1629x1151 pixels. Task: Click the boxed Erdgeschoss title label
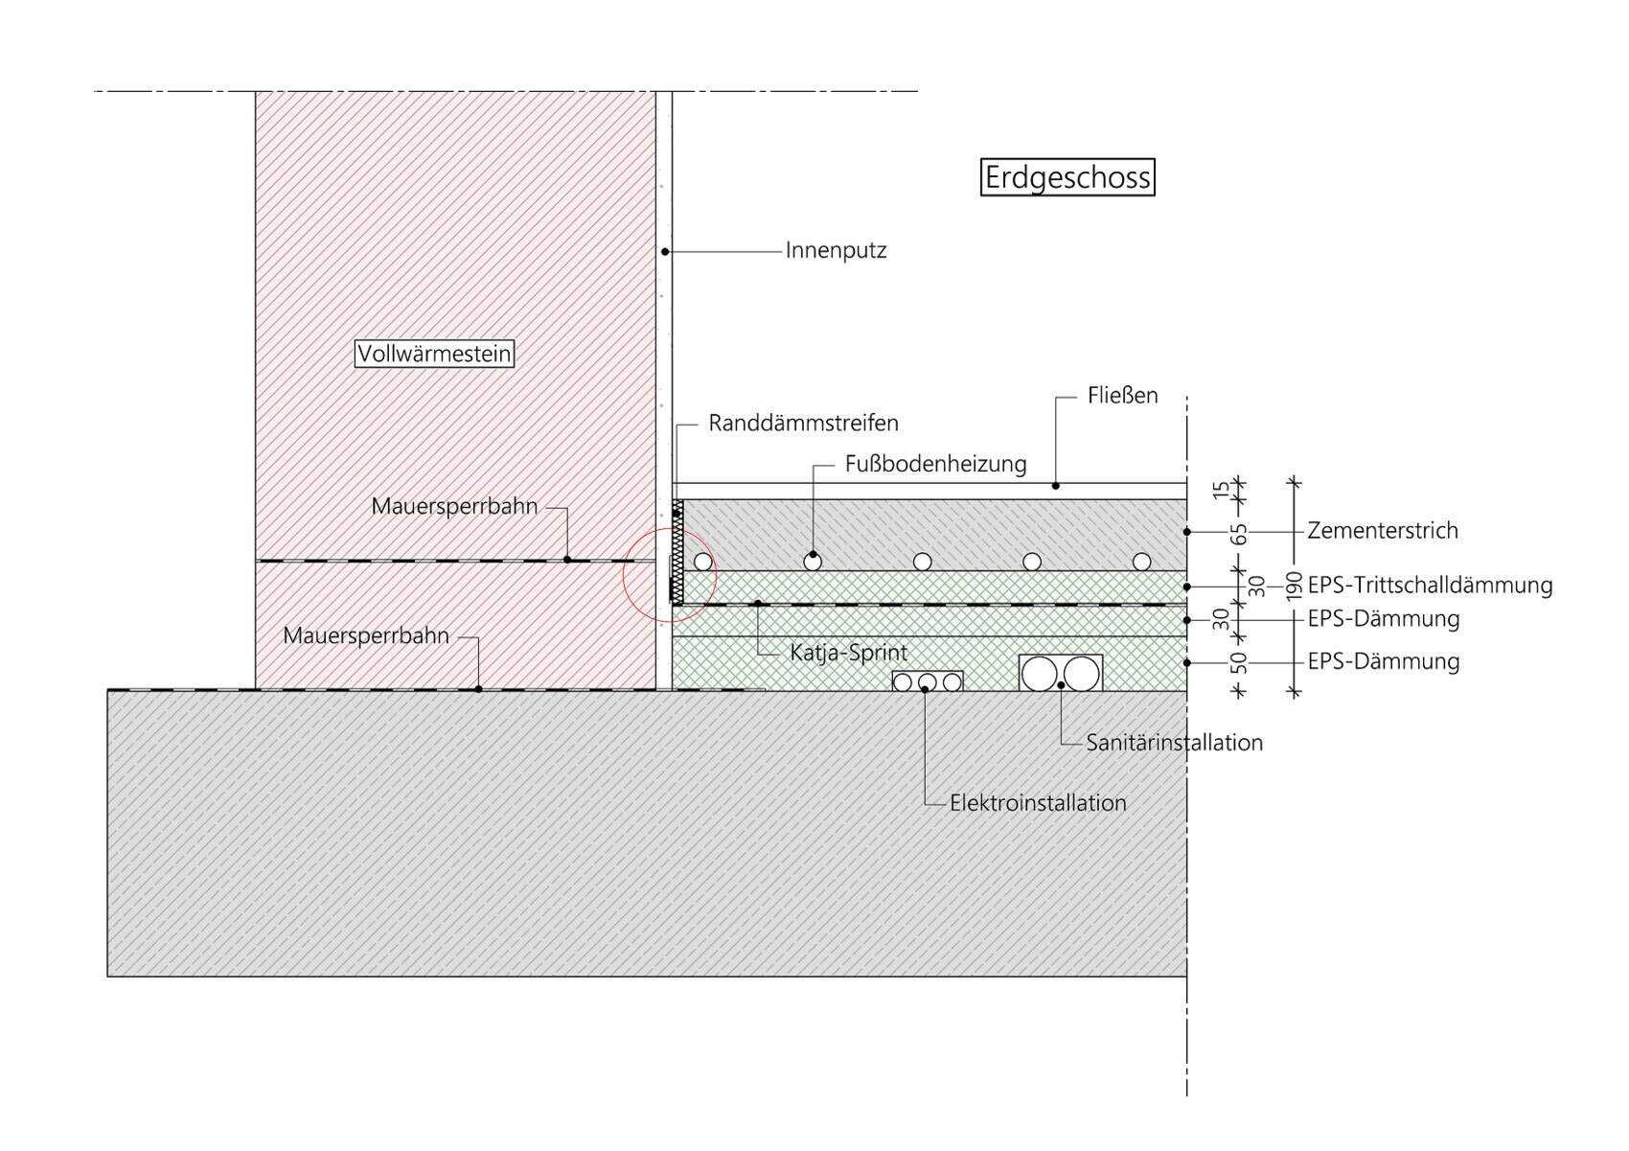[1067, 178]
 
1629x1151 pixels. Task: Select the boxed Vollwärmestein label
[434, 354]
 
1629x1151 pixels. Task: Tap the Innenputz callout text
[836, 251]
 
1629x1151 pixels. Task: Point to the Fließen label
[1122, 396]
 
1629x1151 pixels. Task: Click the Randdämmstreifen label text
[803, 424]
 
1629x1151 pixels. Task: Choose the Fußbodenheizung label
[935, 465]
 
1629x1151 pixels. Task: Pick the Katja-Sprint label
[848, 654]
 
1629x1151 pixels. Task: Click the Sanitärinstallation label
[1174, 743]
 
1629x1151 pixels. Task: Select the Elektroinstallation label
[1038, 803]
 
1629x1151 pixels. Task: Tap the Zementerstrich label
[1382, 531]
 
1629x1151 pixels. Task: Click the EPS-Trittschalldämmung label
[1430, 586]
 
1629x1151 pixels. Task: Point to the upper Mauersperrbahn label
[454, 506]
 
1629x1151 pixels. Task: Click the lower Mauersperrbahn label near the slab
[366, 635]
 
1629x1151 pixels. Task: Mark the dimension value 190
[1294, 585]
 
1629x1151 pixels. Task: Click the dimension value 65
[1240, 534]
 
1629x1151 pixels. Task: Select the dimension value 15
[1221, 490]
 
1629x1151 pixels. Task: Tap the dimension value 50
[1240, 663]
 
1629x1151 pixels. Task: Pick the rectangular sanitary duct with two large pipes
[1061, 673]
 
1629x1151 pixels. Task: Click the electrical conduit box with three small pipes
[927, 681]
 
